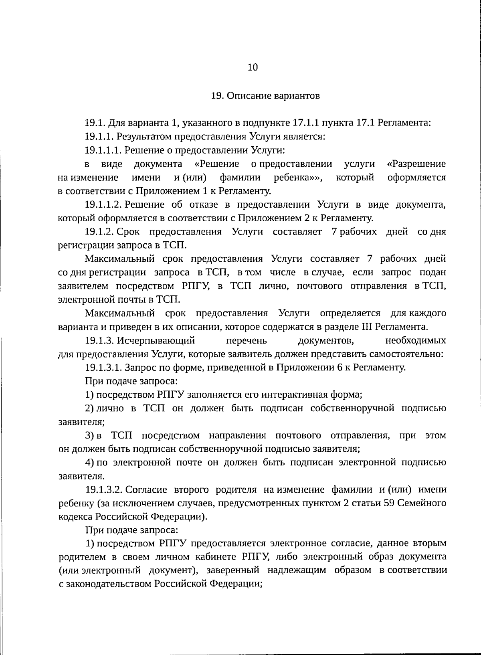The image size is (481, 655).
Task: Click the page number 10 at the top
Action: (x=253, y=67)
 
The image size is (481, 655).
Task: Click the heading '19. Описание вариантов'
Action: (x=265, y=96)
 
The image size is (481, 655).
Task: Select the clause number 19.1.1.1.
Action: (x=103, y=150)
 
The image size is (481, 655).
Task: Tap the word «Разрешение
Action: (x=416, y=164)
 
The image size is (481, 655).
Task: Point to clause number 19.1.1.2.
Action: (x=103, y=205)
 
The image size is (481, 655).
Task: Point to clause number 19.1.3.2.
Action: (x=103, y=490)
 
